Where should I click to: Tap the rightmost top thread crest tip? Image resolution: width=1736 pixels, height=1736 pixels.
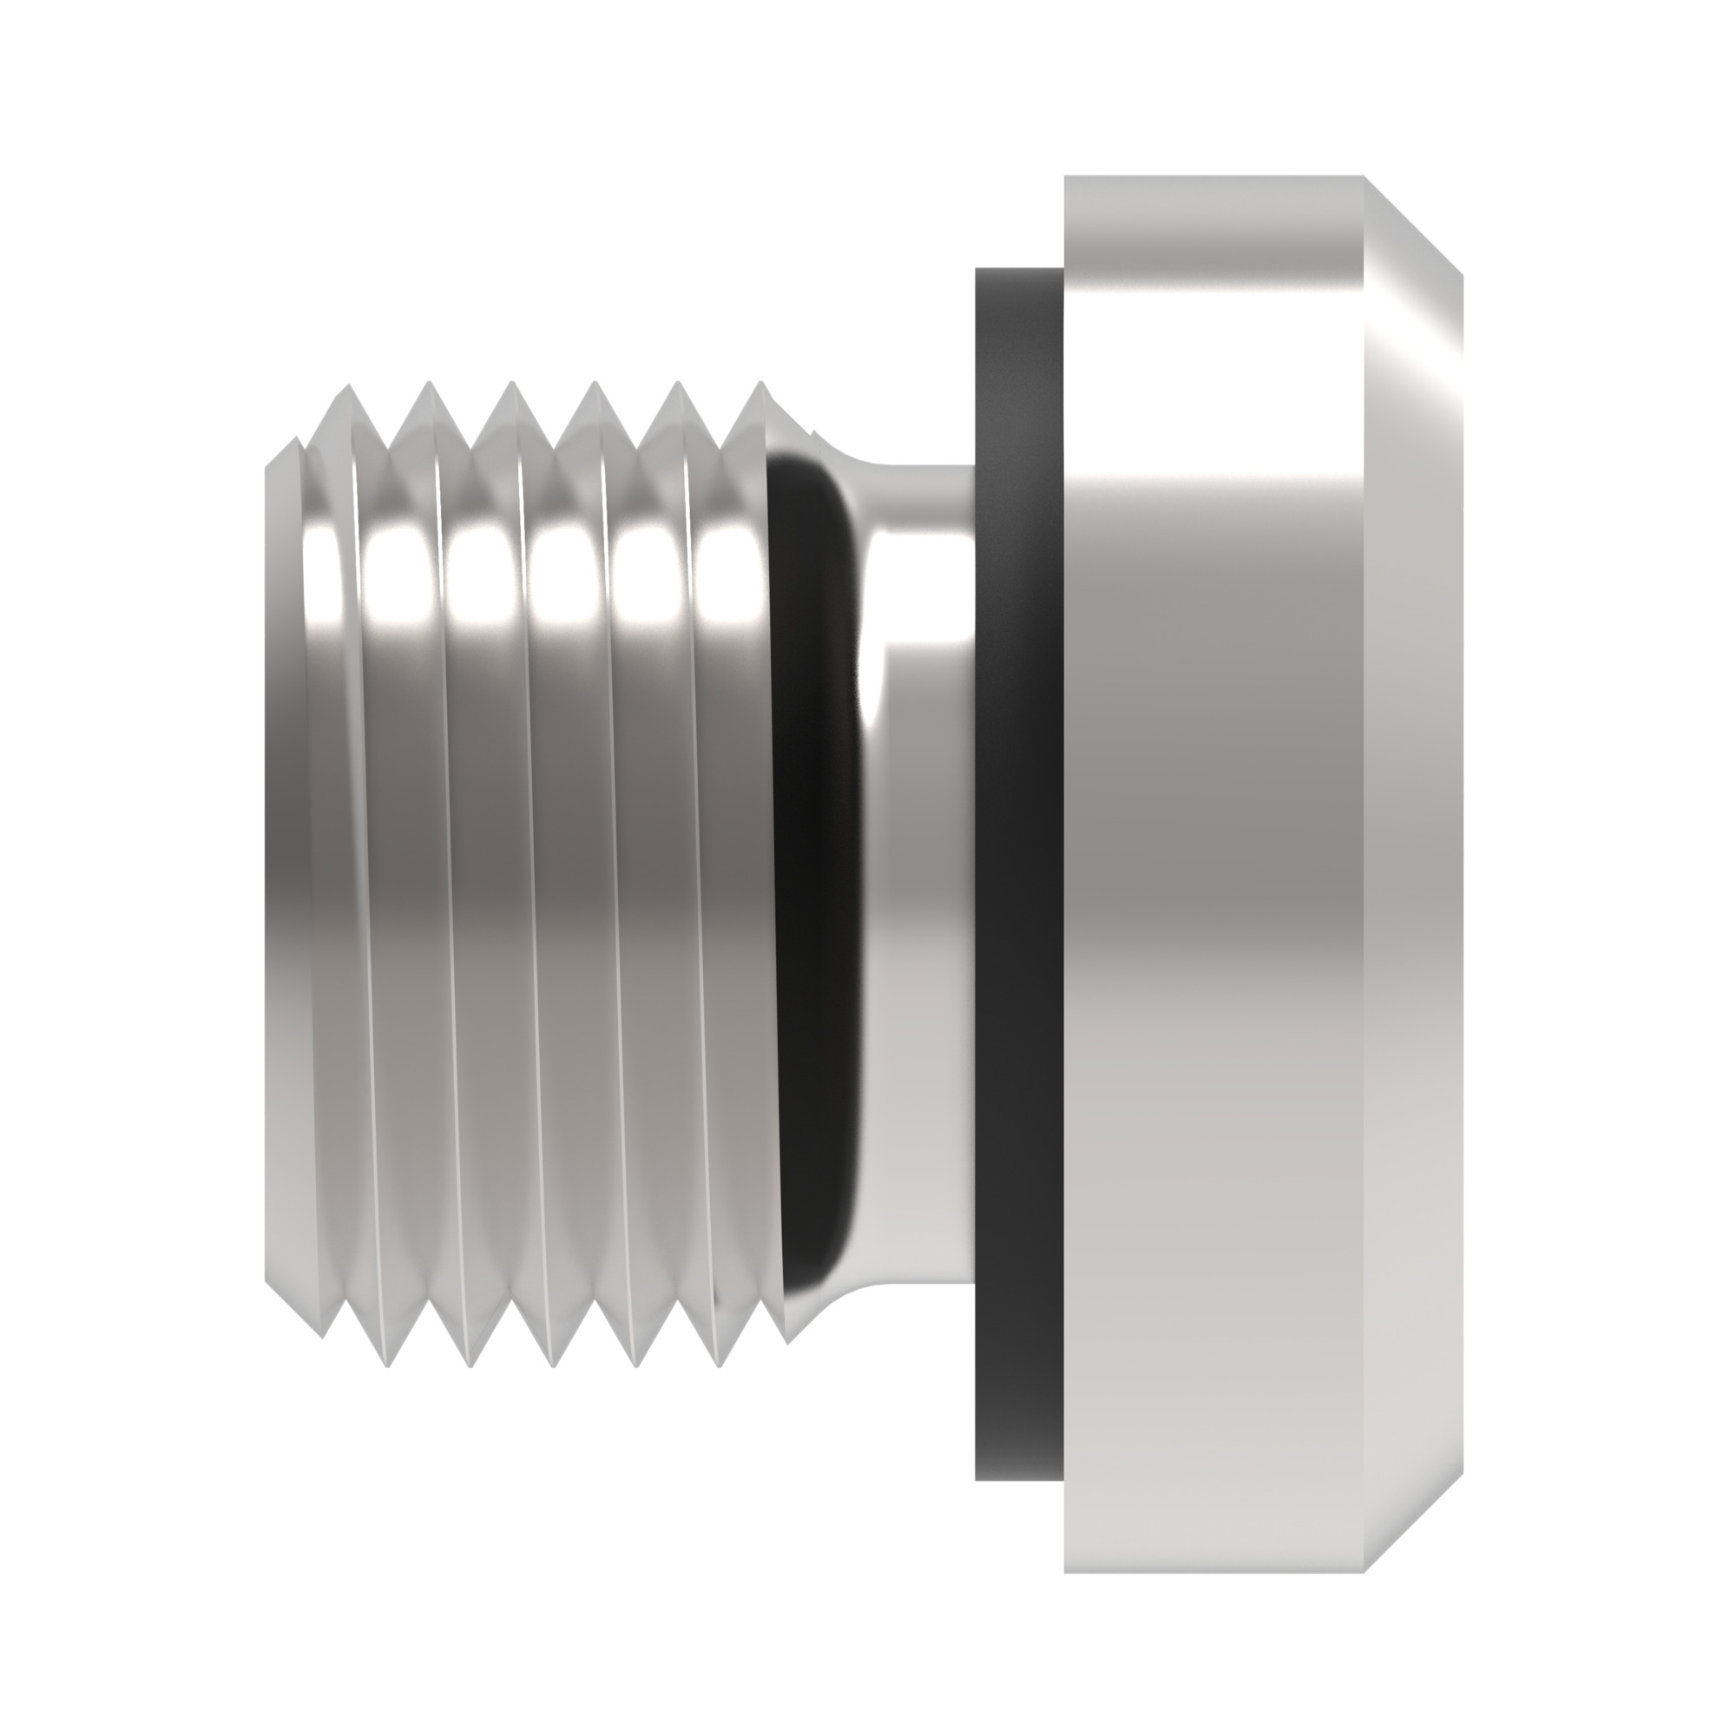pyautogui.click(x=762, y=384)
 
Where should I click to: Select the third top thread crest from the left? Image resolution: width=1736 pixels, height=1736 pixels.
pyautogui.click(x=511, y=384)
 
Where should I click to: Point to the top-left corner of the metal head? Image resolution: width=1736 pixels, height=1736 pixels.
pyautogui.click(x=1066, y=177)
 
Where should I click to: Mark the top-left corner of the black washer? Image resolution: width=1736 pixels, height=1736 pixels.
pyautogui.click(x=976, y=267)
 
